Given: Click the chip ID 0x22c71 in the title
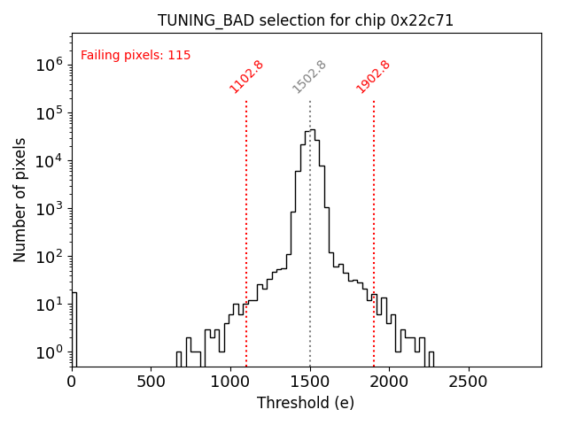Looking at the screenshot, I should (x=422, y=20).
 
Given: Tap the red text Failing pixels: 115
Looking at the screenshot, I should (x=136, y=56).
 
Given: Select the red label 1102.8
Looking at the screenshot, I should (x=246, y=76).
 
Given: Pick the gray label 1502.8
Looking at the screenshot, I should (x=310, y=76).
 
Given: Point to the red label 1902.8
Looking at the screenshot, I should (x=373, y=76).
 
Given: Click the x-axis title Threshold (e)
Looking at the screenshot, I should (x=306, y=403).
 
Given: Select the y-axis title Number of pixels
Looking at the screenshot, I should (x=20, y=200).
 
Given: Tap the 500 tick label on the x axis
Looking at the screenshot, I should (x=151, y=382).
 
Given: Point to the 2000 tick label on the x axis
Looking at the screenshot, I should (x=389, y=382).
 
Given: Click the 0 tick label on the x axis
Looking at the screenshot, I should (x=73, y=382).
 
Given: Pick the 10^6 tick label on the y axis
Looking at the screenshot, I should (x=49, y=65).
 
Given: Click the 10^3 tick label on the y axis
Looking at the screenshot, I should (x=49, y=209).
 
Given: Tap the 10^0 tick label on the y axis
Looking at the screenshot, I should (x=49, y=352).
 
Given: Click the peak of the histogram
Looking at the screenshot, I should (x=312, y=130).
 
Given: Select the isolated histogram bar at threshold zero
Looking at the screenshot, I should (x=74, y=328).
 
